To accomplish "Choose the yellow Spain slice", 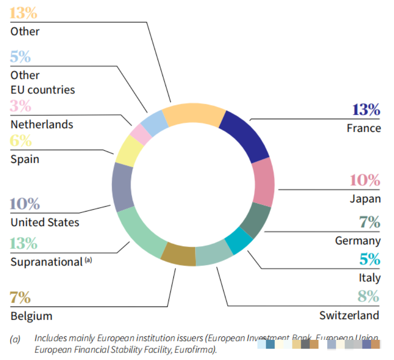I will [128, 150].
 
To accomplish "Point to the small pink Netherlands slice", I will [141, 134].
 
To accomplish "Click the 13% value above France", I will [366, 109].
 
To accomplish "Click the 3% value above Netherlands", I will [21, 106].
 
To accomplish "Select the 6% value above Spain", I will [21, 141].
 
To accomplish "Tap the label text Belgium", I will [31, 316].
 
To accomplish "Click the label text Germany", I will [358, 240].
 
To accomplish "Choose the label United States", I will [45, 222].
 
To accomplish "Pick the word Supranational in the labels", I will [46, 262].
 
